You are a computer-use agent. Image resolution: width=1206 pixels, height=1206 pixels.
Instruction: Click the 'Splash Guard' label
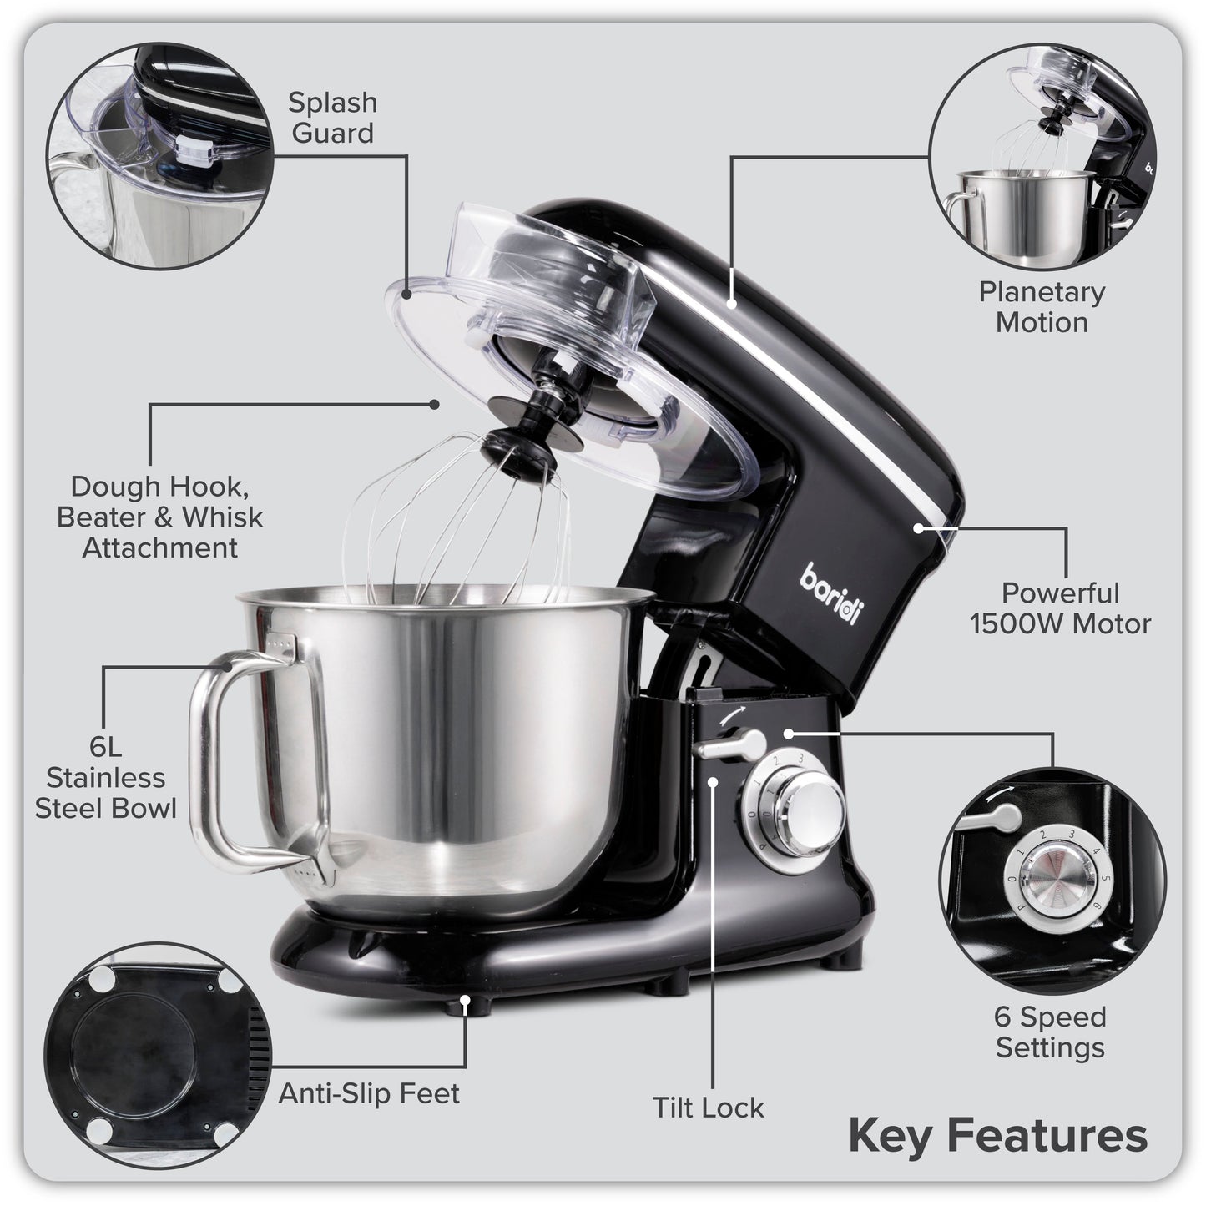click(x=332, y=118)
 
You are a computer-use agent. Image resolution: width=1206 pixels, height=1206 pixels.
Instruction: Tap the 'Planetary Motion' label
click(x=1042, y=307)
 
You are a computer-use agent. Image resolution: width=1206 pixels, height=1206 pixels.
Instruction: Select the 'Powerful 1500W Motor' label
click(x=1060, y=608)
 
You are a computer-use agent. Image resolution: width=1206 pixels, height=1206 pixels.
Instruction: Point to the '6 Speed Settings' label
click(x=1050, y=1032)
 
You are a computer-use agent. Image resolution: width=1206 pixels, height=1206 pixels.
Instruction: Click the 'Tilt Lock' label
click(x=708, y=1108)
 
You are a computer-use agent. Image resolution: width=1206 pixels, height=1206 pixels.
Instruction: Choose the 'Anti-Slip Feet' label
click(x=369, y=1093)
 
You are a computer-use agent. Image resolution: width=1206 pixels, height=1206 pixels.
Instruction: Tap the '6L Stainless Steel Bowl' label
click(x=105, y=778)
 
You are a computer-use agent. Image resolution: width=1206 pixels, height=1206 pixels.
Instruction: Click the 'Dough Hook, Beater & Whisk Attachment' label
click(x=159, y=517)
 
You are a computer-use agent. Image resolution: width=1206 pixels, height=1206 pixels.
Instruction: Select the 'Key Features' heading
click(x=997, y=1136)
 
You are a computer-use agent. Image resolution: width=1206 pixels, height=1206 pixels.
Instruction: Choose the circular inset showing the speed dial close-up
click(x=1052, y=881)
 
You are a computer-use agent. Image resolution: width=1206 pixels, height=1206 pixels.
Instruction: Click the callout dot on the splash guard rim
click(x=406, y=294)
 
